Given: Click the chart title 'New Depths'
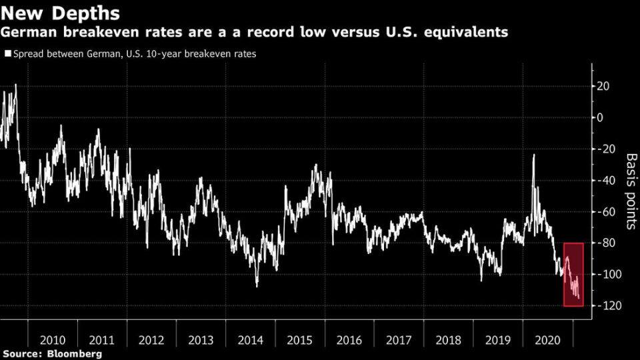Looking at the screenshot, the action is [x=60, y=13].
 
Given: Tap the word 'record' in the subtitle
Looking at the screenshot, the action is [x=271, y=32].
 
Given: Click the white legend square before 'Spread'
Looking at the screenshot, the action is [x=8, y=53].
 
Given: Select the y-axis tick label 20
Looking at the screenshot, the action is [x=604, y=86].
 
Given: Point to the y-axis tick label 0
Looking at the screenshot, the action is [x=600, y=117].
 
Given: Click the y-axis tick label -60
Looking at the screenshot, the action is [x=601, y=212].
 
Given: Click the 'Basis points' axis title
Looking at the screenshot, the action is [x=631, y=191].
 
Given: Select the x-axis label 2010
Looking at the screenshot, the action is [x=52, y=340].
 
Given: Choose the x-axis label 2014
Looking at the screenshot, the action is [x=250, y=340].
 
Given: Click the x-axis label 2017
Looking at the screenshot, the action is [x=399, y=340].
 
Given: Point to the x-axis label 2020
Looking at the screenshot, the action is [x=547, y=340].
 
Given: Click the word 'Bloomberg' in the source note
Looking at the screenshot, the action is [x=74, y=353].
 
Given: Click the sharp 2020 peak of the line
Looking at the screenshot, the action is [x=533, y=155].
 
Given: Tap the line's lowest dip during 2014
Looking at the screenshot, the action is [x=257, y=287].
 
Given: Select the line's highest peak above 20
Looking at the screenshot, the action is [x=15, y=85].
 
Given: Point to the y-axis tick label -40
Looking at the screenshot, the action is [x=601, y=181].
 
